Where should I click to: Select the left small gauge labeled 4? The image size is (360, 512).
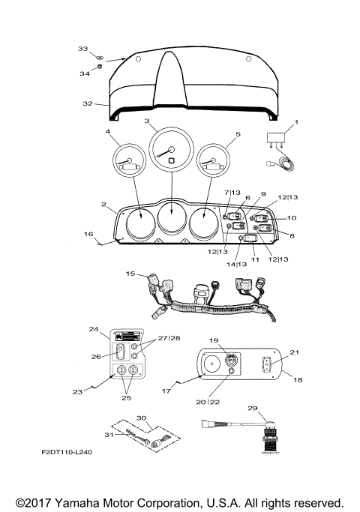tap(129, 160)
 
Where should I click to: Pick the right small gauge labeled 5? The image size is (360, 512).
tap(213, 160)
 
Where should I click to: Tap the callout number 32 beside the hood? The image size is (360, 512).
tap(88, 103)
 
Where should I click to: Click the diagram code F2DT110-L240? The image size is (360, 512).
tap(67, 452)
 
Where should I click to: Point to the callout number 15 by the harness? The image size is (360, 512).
tap(130, 274)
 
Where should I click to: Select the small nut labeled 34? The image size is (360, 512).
tap(100, 67)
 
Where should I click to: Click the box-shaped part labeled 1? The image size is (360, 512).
tap(276, 138)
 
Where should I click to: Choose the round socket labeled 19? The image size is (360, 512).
tap(231, 360)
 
